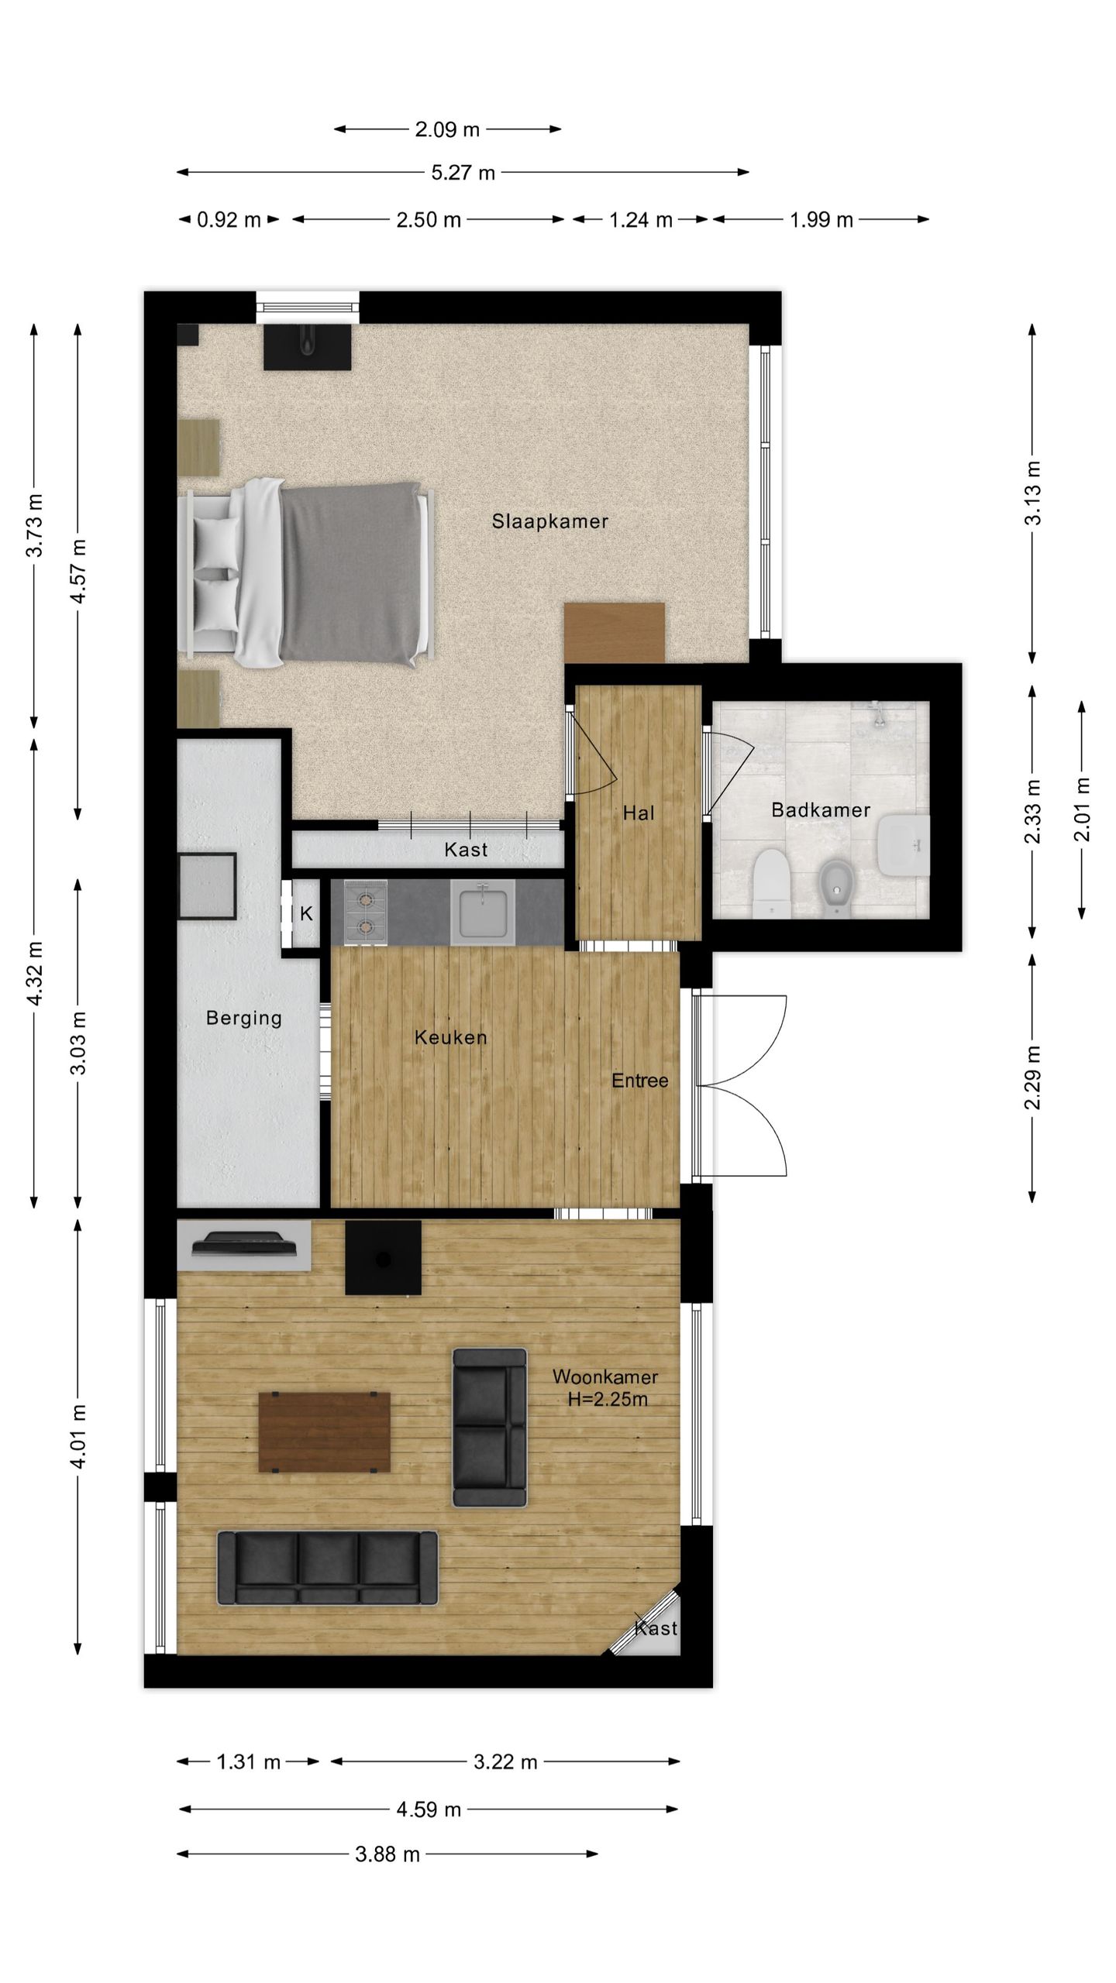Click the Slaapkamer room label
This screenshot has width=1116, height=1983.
[x=549, y=521]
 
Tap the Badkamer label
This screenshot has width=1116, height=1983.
[x=821, y=810]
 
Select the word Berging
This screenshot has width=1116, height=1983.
[x=243, y=1018]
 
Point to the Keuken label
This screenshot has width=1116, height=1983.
[x=450, y=1037]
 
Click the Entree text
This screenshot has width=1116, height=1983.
[x=639, y=1081]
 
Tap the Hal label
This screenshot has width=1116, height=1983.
[x=639, y=813]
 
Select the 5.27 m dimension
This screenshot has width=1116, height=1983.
[x=463, y=172]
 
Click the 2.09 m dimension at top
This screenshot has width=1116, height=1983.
[x=447, y=129]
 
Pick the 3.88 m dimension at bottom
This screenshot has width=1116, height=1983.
[x=387, y=1854]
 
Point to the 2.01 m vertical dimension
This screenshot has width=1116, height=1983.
[x=1082, y=809]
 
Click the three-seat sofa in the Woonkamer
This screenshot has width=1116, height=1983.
[x=327, y=1567]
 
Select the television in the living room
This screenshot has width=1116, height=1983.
[x=244, y=1243]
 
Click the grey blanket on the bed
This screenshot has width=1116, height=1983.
[x=349, y=573]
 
